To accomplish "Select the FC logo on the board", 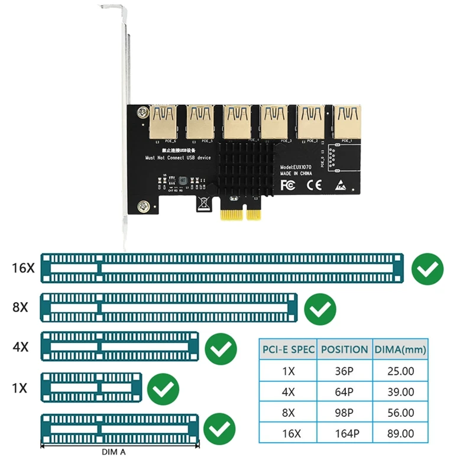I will [287, 184].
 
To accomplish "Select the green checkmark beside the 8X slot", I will [320, 308].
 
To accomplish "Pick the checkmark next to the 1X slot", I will [163, 388].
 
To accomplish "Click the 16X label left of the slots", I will [23, 268].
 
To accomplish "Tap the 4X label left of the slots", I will [21, 346].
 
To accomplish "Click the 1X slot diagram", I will [92, 387].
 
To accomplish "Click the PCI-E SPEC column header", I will [288, 349].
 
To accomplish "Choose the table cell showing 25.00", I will [400, 372].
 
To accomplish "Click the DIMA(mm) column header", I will [400, 349].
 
